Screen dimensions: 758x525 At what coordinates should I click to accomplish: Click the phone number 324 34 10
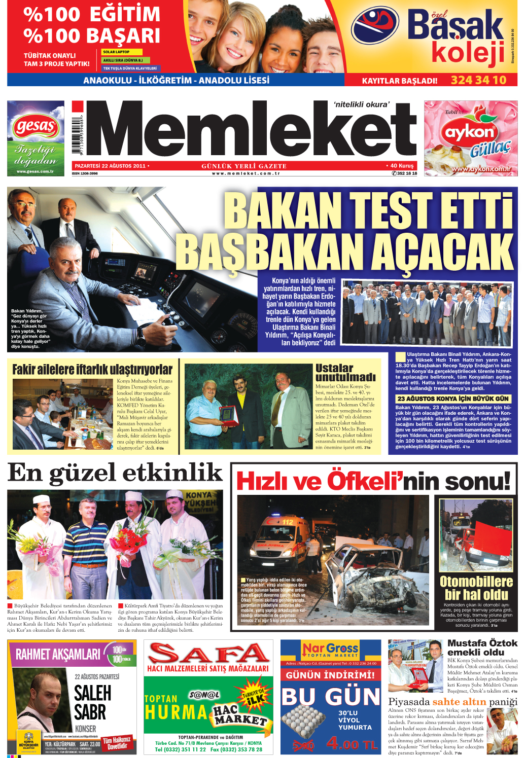click(478, 80)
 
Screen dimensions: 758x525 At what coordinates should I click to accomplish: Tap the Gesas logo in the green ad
click(36, 126)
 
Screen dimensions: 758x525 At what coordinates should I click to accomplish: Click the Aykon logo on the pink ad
click(470, 133)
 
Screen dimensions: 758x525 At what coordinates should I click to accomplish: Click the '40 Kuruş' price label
click(402, 166)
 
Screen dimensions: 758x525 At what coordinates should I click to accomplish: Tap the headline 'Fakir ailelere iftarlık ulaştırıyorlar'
click(92, 370)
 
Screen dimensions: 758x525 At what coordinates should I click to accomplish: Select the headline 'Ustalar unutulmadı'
click(345, 373)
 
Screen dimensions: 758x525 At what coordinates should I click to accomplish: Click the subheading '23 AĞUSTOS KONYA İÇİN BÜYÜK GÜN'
click(452, 399)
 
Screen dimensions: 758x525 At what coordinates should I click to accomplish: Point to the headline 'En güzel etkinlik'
click(115, 473)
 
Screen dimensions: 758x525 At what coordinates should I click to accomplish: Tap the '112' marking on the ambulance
click(288, 522)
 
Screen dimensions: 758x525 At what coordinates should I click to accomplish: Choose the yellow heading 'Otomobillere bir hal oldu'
click(476, 588)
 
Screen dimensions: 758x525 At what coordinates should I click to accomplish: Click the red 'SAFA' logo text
click(208, 654)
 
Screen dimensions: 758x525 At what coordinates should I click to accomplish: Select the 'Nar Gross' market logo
click(330, 648)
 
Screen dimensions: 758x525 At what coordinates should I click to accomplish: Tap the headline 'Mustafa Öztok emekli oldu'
click(482, 647)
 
